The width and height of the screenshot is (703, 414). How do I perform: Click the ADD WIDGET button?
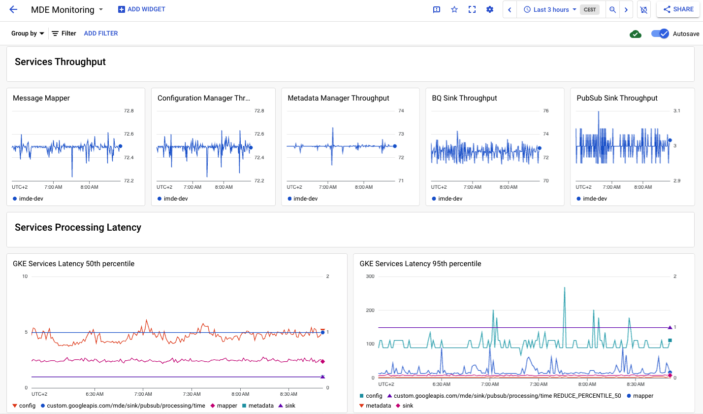pyautogui.click(x=142, y=9)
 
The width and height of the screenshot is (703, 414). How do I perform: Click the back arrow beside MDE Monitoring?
pyautogui.click(x=13, y=9)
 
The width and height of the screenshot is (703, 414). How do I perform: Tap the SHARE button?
pyautogui.click(x=678, y=9)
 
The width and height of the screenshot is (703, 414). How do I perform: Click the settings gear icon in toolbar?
pyautogui.click(x=489, y=9)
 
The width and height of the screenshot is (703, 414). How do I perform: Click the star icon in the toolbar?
pyautogui.click(x=454, y=9)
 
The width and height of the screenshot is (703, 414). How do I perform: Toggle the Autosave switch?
pyautogui.click(x=660, y=34)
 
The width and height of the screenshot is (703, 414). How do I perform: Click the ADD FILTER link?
pyautogui.click(x=101, y=34)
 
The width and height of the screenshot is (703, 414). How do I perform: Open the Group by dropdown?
pyautogui.click(x=28, y=34)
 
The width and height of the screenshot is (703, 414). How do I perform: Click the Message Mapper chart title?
pyautogui.click(x=41, y=98)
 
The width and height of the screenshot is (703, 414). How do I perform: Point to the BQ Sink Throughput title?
pyautogui.click(x=464, y=98)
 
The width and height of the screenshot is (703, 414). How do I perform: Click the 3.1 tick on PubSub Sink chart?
pyautogui.click(x=676, y=111)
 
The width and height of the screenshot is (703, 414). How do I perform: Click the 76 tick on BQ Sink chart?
pyautogui.click(x=545, y=111)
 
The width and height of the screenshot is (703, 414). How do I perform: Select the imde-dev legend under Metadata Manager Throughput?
pyautogui.click(x=306, y=199)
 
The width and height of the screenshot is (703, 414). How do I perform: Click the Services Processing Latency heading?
pyautogui.click(x=78, y=227)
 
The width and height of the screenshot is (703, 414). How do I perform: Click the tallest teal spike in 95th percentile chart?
pyautogui.click(x=564, y=288)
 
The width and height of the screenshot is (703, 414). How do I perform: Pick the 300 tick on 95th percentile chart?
pyautogui.click(x=370, y=276)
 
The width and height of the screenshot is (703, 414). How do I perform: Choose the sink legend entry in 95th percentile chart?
pyautogui.click(x=408, y=406)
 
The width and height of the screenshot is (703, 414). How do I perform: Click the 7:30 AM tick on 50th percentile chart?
pyautogui.click(x=192, y=394)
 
